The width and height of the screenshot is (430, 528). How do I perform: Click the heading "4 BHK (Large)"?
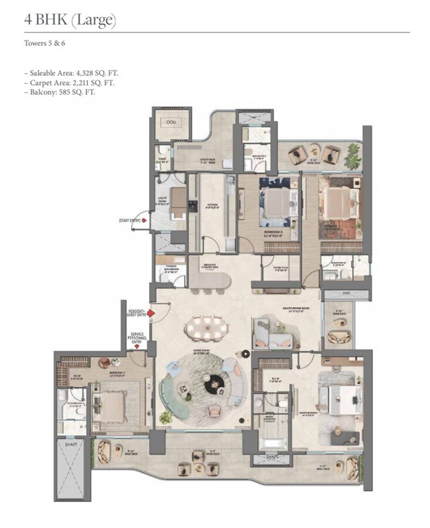click(70, 21)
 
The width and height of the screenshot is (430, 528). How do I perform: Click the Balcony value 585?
click(63, 92)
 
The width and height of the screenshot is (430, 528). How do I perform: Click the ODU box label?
click(171, 121)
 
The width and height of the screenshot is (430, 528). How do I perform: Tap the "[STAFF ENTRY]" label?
click(129, 220)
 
